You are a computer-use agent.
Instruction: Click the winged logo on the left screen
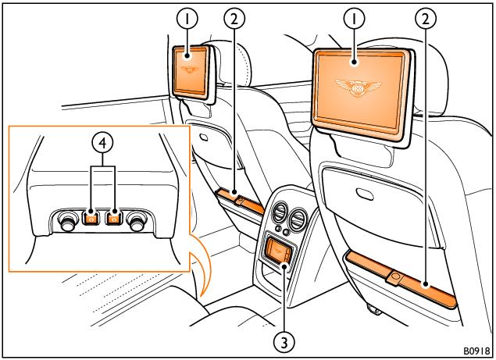point(188,70)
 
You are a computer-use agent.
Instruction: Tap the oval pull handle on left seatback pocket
point(205,136)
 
